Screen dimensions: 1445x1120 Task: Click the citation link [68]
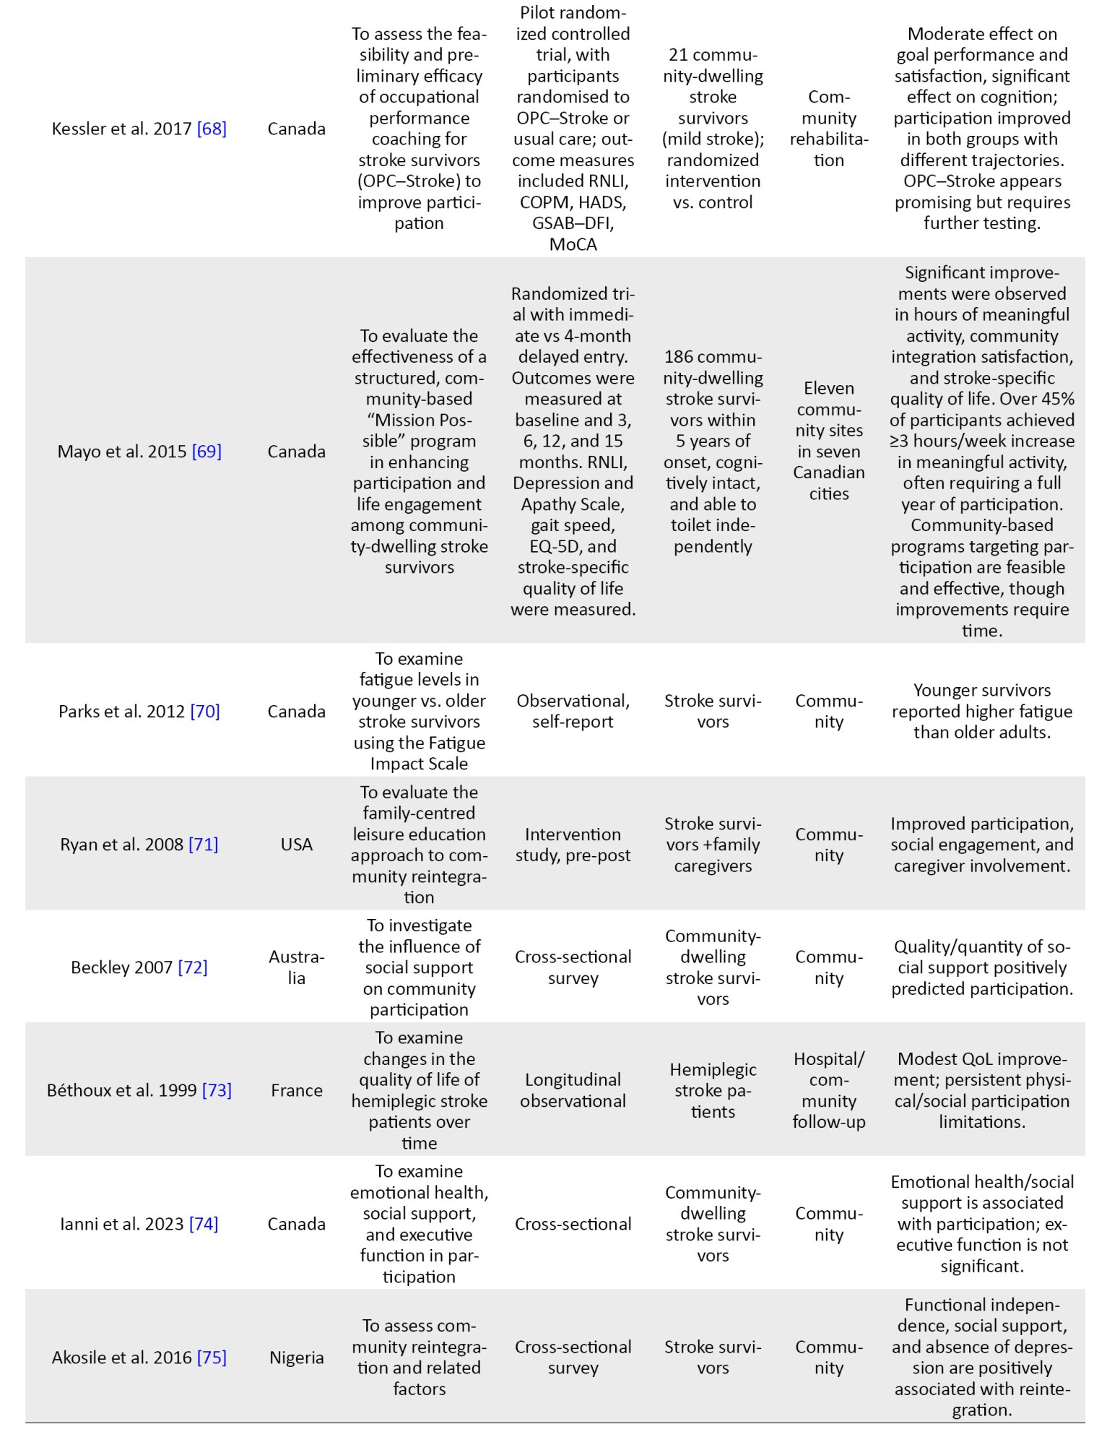(212, 129)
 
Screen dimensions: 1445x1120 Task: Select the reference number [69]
(207, 452)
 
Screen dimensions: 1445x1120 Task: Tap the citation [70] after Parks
(205, 711)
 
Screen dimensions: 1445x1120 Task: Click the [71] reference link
(203, 844)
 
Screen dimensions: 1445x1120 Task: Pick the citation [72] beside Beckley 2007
(193, 967)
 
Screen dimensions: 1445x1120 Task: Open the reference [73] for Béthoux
(217, 1090)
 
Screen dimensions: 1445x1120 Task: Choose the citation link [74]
(204, 1223)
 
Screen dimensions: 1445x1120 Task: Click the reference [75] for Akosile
(212, 1357)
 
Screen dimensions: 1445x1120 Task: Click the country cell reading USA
(296, 844)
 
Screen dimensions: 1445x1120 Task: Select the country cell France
(296, 1090)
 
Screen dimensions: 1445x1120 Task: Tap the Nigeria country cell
(296, 1357)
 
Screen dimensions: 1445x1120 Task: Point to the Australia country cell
(296, 967)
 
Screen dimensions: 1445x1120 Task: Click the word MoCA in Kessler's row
(573, 244)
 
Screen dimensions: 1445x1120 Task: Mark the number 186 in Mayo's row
(680, 357)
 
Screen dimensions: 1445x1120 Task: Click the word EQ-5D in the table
(556, 546)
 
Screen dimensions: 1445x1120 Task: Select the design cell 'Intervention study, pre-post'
(573, 845)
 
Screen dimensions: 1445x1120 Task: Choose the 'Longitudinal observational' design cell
(573, 1090)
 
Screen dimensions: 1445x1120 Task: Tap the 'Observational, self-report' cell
(573, 711)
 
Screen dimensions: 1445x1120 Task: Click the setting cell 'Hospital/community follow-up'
(828, 1090)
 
